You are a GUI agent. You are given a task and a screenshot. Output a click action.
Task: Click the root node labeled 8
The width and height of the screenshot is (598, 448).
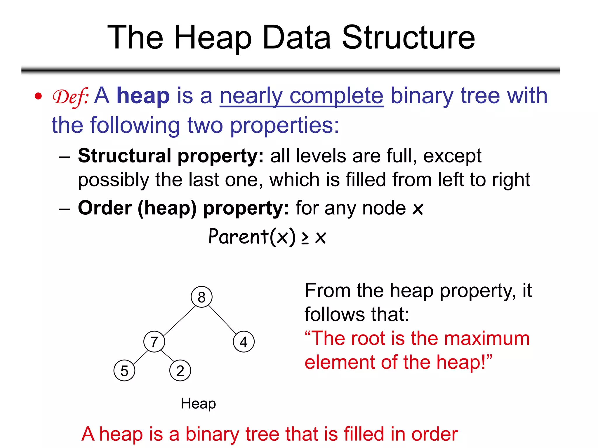click(201, 297)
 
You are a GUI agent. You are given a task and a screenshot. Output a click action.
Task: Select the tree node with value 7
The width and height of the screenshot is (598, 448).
click(154, 342)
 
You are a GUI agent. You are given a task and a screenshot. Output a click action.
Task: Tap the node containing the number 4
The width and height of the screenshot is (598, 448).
click(244, 342)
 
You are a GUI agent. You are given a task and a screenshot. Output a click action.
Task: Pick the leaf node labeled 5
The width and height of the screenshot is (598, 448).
click(124, 371)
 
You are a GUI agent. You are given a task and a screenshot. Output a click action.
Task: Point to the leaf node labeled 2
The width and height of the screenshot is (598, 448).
click(180, 371)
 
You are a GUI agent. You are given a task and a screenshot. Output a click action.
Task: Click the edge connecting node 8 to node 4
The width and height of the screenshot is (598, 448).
click(222, 319)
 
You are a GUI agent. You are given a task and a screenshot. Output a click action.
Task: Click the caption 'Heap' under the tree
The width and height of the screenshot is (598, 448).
click(198, 404)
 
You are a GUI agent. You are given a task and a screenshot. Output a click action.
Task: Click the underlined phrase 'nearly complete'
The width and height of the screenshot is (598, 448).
click(301, 96)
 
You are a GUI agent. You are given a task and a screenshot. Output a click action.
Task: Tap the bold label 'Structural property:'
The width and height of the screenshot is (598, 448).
click(171, 156)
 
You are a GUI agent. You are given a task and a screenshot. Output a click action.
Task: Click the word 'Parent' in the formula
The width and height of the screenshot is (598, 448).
click(238, 236)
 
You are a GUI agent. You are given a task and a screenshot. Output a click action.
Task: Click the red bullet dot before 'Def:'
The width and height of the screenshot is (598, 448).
click(38, 96)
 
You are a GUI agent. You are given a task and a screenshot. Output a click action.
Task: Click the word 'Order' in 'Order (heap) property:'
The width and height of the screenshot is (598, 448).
click(105, 208)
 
